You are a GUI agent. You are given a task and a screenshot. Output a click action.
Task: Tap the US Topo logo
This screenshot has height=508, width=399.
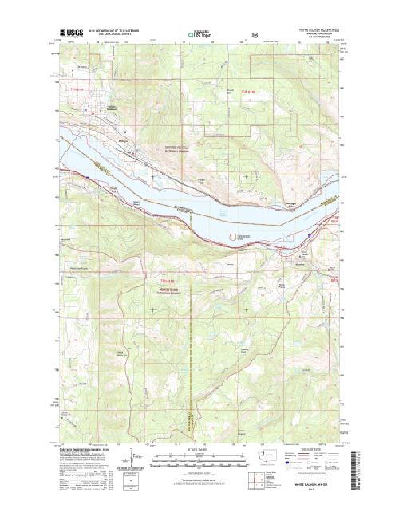[199, 34]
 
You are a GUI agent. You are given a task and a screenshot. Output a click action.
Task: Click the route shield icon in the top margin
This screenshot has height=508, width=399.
[253, 35]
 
